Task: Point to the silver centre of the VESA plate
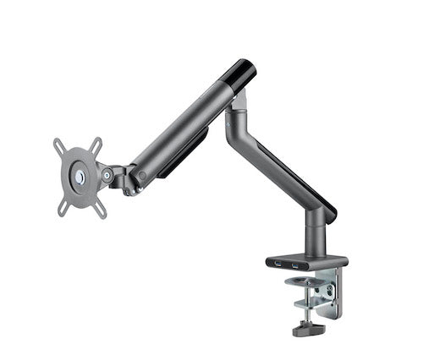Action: pos(80,177)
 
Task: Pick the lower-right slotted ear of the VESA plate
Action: pos(102,209)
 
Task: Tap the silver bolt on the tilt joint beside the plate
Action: pos(107,175)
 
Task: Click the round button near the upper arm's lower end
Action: pos(141,176)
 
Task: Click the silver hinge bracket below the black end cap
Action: pos(240,101)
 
